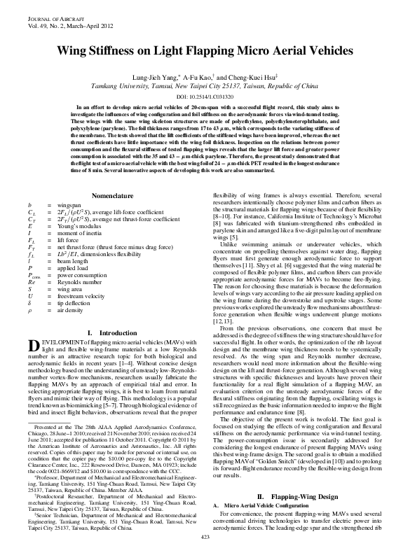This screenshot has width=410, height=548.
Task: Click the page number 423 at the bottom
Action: click(x=205, y=536)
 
